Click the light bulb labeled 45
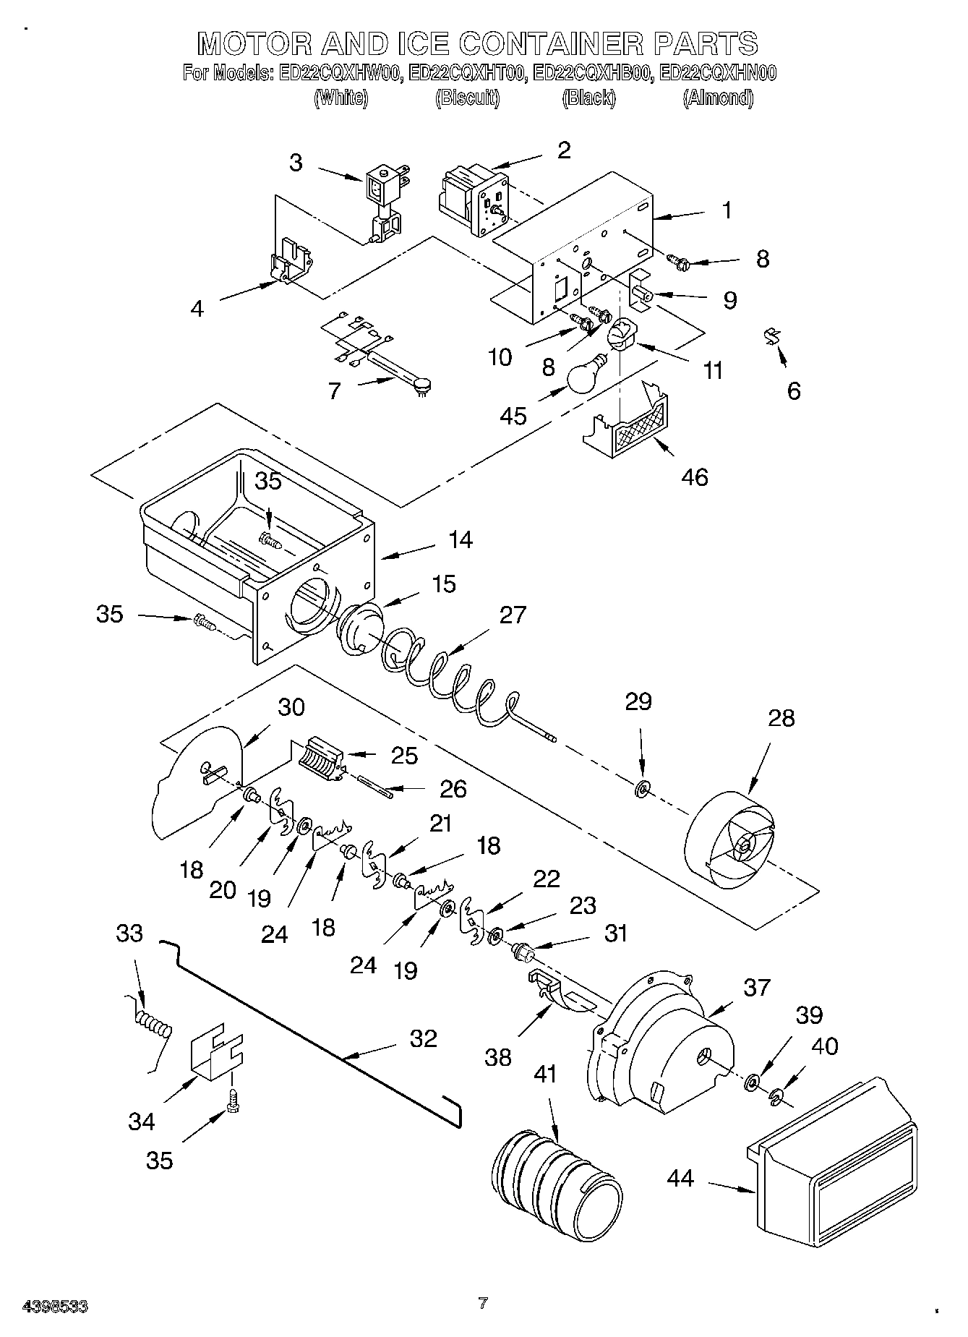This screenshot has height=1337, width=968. [x=587, y=375]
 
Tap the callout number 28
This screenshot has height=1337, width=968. [x=781, y=717]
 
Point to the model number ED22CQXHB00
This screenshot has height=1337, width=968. [x=590, y=73]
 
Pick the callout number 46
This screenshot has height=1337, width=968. [x=695, y=477]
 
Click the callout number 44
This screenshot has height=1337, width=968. [x=680, y=1178]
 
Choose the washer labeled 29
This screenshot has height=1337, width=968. [x=641, y=787]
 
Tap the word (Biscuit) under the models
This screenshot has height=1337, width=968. [x=467, y=98]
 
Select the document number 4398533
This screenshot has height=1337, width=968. [x=56, y=1306]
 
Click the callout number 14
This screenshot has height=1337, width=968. [x=460, y=539]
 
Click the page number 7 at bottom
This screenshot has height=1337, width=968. [x=483, y=1303]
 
